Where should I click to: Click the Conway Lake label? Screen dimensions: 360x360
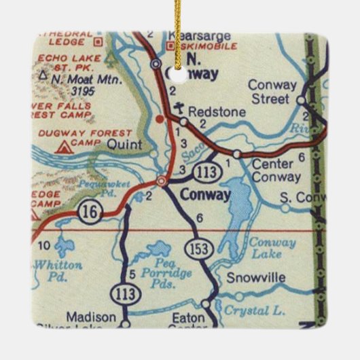pos(272,249)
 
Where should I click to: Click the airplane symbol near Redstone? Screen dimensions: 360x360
pos(178,107)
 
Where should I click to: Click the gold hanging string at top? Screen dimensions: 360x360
pos(180,14)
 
